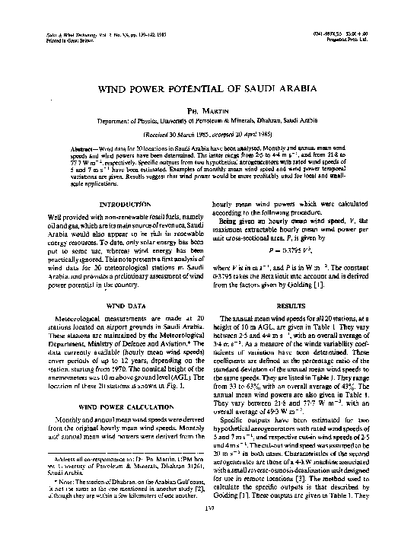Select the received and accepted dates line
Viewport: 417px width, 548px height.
(x=208, y=132)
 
